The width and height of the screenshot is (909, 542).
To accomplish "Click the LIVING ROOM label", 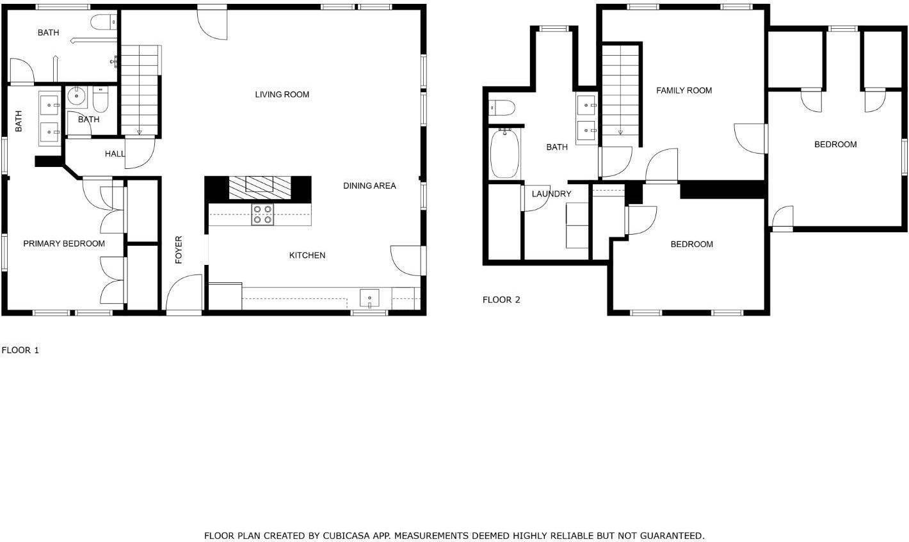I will click(282, 95).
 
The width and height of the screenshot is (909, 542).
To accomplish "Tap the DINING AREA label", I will click(369, 186).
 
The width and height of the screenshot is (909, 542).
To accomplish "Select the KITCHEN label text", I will click(307, 255).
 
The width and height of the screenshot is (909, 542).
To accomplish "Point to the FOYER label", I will click(179, 250).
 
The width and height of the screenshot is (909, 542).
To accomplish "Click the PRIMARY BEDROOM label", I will click(64, 244).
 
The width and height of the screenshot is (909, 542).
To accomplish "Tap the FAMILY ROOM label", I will click(684, 91).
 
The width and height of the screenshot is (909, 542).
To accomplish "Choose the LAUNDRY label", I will click(551, 194).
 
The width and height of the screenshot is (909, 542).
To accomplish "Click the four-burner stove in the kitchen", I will click(262, 214).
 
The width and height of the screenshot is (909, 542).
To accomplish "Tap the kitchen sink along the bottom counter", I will click(369, 298).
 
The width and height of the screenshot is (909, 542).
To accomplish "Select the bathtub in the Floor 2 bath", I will click(505, 154).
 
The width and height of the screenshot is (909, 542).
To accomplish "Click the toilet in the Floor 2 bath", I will click(501, 108).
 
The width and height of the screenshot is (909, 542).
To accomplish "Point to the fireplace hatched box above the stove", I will click(261, 185).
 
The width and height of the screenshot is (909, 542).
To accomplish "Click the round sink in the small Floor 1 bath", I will click(77, 97).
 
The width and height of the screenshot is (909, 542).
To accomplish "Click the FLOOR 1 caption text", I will click(20, 350).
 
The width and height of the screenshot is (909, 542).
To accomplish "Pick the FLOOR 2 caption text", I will click(501, 299).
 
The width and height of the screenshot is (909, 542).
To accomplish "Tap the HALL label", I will click(115, 154).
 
